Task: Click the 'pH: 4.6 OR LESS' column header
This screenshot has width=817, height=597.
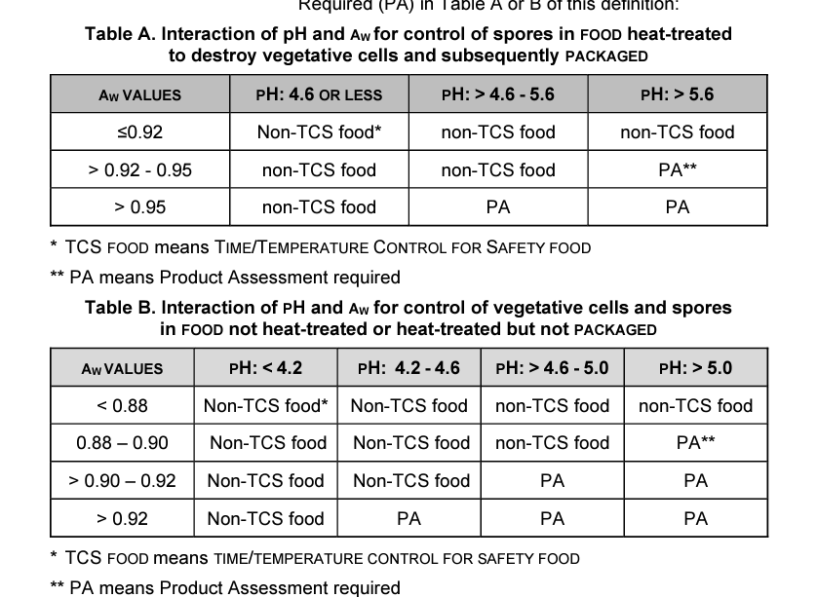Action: point(319,94)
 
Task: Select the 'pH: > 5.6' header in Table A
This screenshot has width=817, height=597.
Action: point(677,94)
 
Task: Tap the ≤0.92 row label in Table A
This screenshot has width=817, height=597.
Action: point(139,132)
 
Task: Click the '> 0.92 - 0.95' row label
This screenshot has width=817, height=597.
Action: point(139,170)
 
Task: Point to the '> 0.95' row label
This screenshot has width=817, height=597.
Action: point(139,207)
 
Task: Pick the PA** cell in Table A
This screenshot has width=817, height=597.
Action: point(677,170)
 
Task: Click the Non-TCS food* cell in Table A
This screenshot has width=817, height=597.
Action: point(319,132)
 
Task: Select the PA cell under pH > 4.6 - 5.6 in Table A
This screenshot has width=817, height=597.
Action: point(497,207)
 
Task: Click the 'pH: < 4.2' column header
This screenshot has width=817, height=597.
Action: point(265,368)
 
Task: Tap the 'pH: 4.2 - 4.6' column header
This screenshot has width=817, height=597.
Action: point(408,368)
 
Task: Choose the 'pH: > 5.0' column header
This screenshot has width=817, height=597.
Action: point(695,368)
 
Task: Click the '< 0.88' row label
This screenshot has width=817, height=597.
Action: point(122,406)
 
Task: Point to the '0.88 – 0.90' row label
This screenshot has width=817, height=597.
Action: point(122,443)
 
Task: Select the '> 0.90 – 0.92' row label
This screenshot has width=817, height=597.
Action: point(122,481)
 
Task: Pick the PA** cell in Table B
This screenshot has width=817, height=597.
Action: point(695,443)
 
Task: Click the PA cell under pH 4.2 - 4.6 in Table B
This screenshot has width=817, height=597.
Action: point(408,518)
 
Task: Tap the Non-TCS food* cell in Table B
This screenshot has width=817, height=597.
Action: point(265,406)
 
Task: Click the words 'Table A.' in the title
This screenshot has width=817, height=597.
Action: point(120,34)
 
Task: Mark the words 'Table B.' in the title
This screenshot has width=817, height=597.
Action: point(120,308)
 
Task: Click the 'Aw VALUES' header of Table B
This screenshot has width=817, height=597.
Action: point(122,369)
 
